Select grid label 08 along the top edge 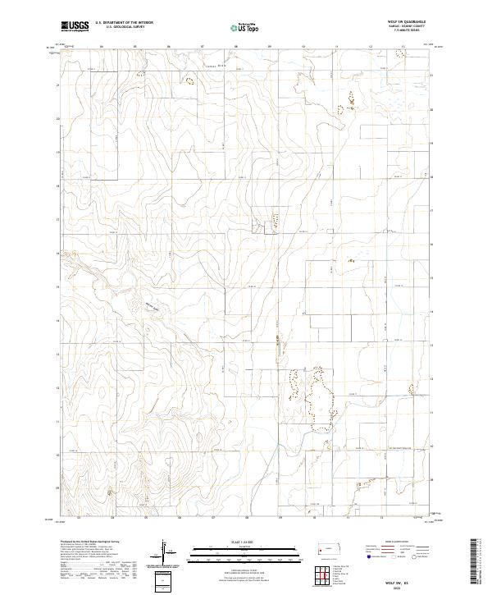pos(236,48)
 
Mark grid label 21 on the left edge pos(57,85)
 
